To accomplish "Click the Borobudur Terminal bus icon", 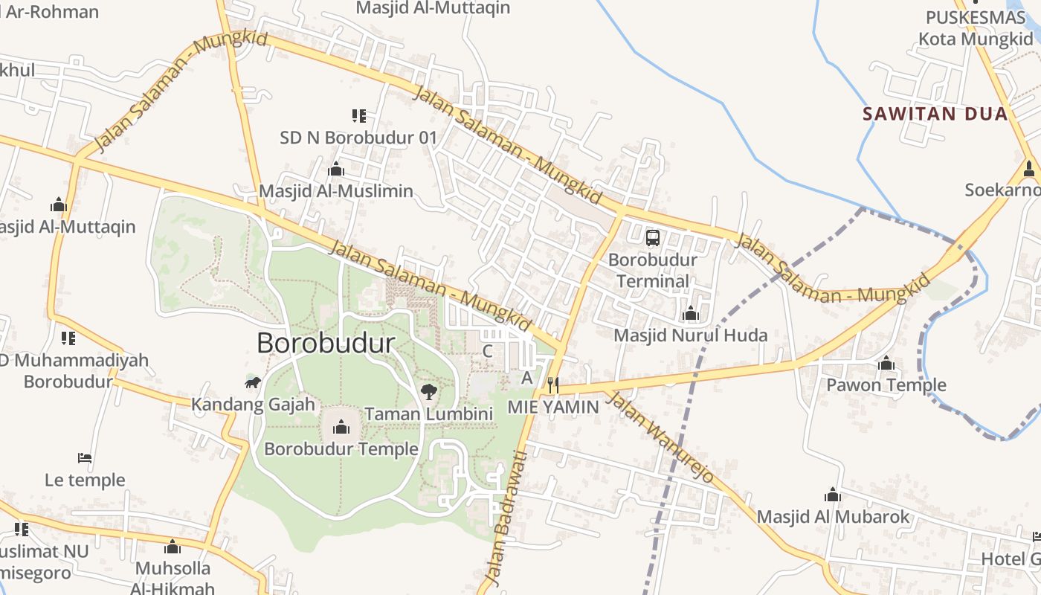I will [653, 238].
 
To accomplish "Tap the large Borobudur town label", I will [326, 343].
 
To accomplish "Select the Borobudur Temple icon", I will [341, 426].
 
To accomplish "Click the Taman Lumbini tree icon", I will [428, 391].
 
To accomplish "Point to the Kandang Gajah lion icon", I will [253, 382].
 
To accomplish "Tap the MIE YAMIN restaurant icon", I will [552, 385].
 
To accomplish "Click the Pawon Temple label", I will [886, 385].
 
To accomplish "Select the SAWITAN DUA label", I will [935, 114].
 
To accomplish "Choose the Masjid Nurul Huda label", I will [690, 335].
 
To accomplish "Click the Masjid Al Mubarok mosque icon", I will [833, 495].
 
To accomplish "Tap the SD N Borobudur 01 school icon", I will [359, 115].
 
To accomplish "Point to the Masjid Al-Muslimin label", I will [336, 191].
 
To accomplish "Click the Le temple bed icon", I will [85, 457].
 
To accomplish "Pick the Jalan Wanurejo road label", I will [660, 437].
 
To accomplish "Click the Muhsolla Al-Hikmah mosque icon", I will [173, 547].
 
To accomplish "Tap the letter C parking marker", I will [488, 350].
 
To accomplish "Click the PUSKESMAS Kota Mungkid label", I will [976, 28].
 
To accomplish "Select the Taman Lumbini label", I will [429, 414].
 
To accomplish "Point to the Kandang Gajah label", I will [253, 405].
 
